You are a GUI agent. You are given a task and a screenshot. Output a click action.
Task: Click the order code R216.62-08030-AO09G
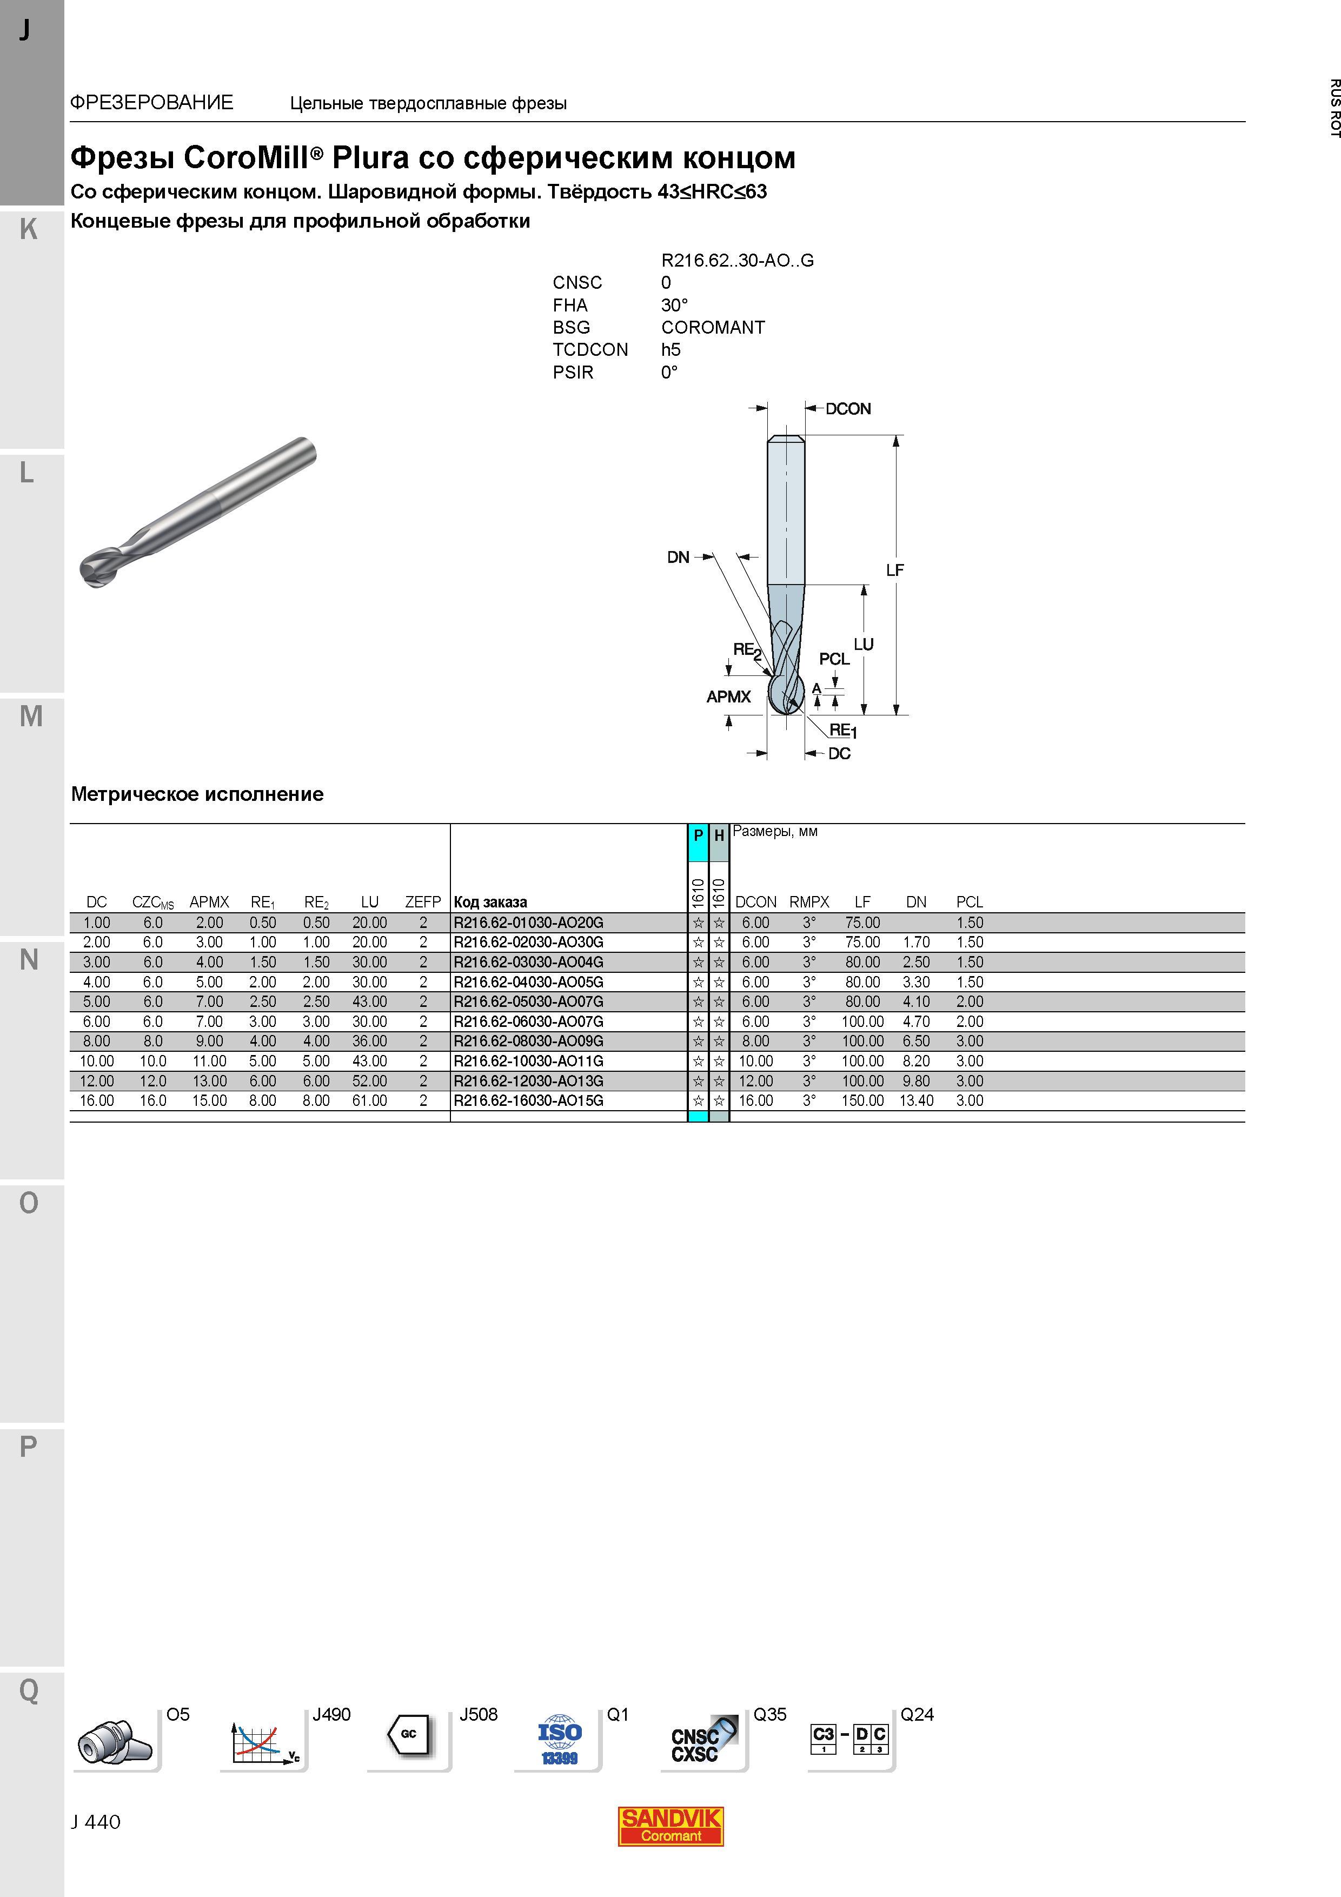tap(528, 1041)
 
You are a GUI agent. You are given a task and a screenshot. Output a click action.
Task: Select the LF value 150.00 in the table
tap(862, 1100)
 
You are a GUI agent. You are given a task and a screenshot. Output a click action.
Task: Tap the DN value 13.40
tap(917, 1100)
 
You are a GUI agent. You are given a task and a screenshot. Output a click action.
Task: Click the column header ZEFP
tap(422, 902)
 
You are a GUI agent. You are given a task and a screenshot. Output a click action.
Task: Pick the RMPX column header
tap(809, 902)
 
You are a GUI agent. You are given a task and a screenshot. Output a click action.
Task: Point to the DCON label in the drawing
tap(848, 409)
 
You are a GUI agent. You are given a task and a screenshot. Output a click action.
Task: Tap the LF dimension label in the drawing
tap(895, 570)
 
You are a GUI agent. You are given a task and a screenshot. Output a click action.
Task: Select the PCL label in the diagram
tap(834, 659)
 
